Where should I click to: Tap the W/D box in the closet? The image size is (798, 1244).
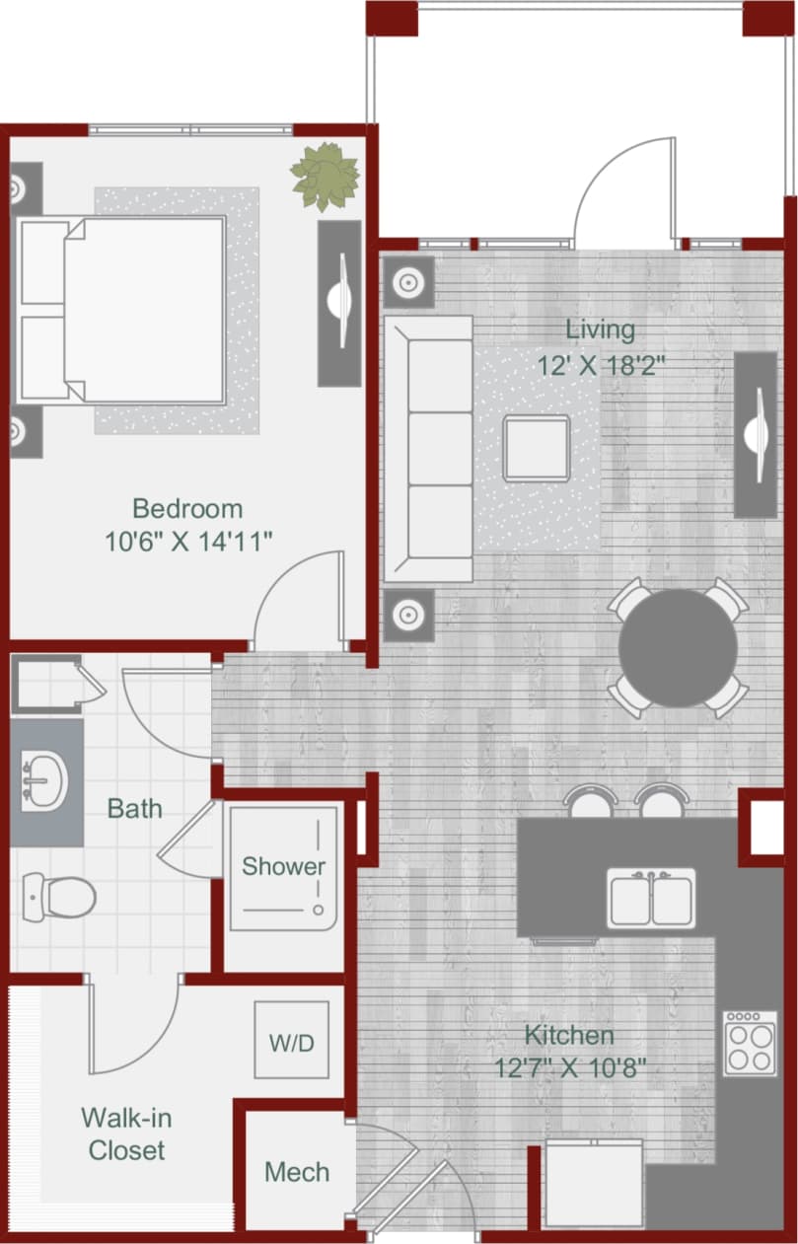pos(291,1041)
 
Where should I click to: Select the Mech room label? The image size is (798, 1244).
pos(297,1172)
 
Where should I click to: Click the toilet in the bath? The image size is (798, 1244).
pos(58,896)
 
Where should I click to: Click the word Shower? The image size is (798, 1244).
pos(284,866)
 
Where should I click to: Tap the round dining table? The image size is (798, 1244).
pos(678,648)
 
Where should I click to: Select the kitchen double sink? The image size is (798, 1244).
pos(650,899)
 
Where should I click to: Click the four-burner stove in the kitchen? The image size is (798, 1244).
pos(750,1043)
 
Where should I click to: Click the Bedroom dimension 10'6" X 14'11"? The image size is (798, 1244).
pos(187,541)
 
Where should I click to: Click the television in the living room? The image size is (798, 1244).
pos(756,434)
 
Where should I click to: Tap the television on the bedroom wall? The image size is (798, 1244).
pos(339,303)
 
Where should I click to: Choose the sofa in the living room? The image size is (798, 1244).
pos(427,449)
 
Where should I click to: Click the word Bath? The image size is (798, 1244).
pos(135,809)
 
